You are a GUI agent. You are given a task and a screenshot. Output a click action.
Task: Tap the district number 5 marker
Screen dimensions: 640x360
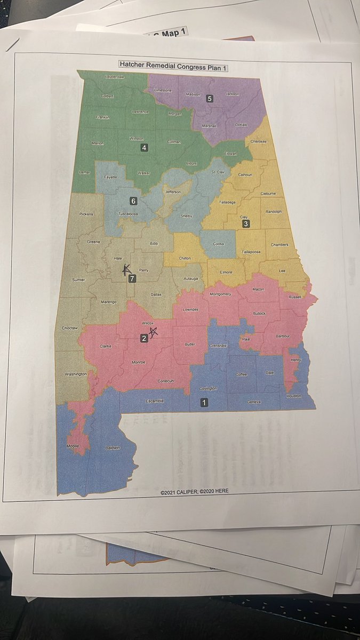[210, 98]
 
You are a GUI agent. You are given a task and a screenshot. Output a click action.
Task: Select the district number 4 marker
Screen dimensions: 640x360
[144, 148]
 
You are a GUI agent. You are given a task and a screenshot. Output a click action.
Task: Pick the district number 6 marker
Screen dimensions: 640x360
[134, 201]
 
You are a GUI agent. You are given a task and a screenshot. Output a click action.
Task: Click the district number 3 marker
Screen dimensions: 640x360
[246, 224]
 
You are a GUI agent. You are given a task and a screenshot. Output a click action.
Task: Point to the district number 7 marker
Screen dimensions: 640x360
[132, 278]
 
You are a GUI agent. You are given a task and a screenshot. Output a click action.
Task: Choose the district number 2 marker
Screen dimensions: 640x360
[143, 338]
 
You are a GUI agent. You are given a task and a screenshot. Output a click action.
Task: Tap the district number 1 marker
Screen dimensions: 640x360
[204, 403]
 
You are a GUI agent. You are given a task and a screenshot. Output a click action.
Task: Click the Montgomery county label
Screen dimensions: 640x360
[220, 294]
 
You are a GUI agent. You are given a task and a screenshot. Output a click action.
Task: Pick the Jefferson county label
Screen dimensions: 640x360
[172, 192]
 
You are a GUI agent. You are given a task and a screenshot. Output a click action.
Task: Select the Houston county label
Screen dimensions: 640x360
[293, 396]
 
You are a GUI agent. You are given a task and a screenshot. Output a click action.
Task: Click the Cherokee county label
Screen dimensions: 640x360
[259, 141]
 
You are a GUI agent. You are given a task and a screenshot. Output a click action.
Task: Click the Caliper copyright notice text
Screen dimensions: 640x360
[194, 490]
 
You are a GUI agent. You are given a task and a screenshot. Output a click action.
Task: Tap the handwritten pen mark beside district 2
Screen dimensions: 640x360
[154, 333]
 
